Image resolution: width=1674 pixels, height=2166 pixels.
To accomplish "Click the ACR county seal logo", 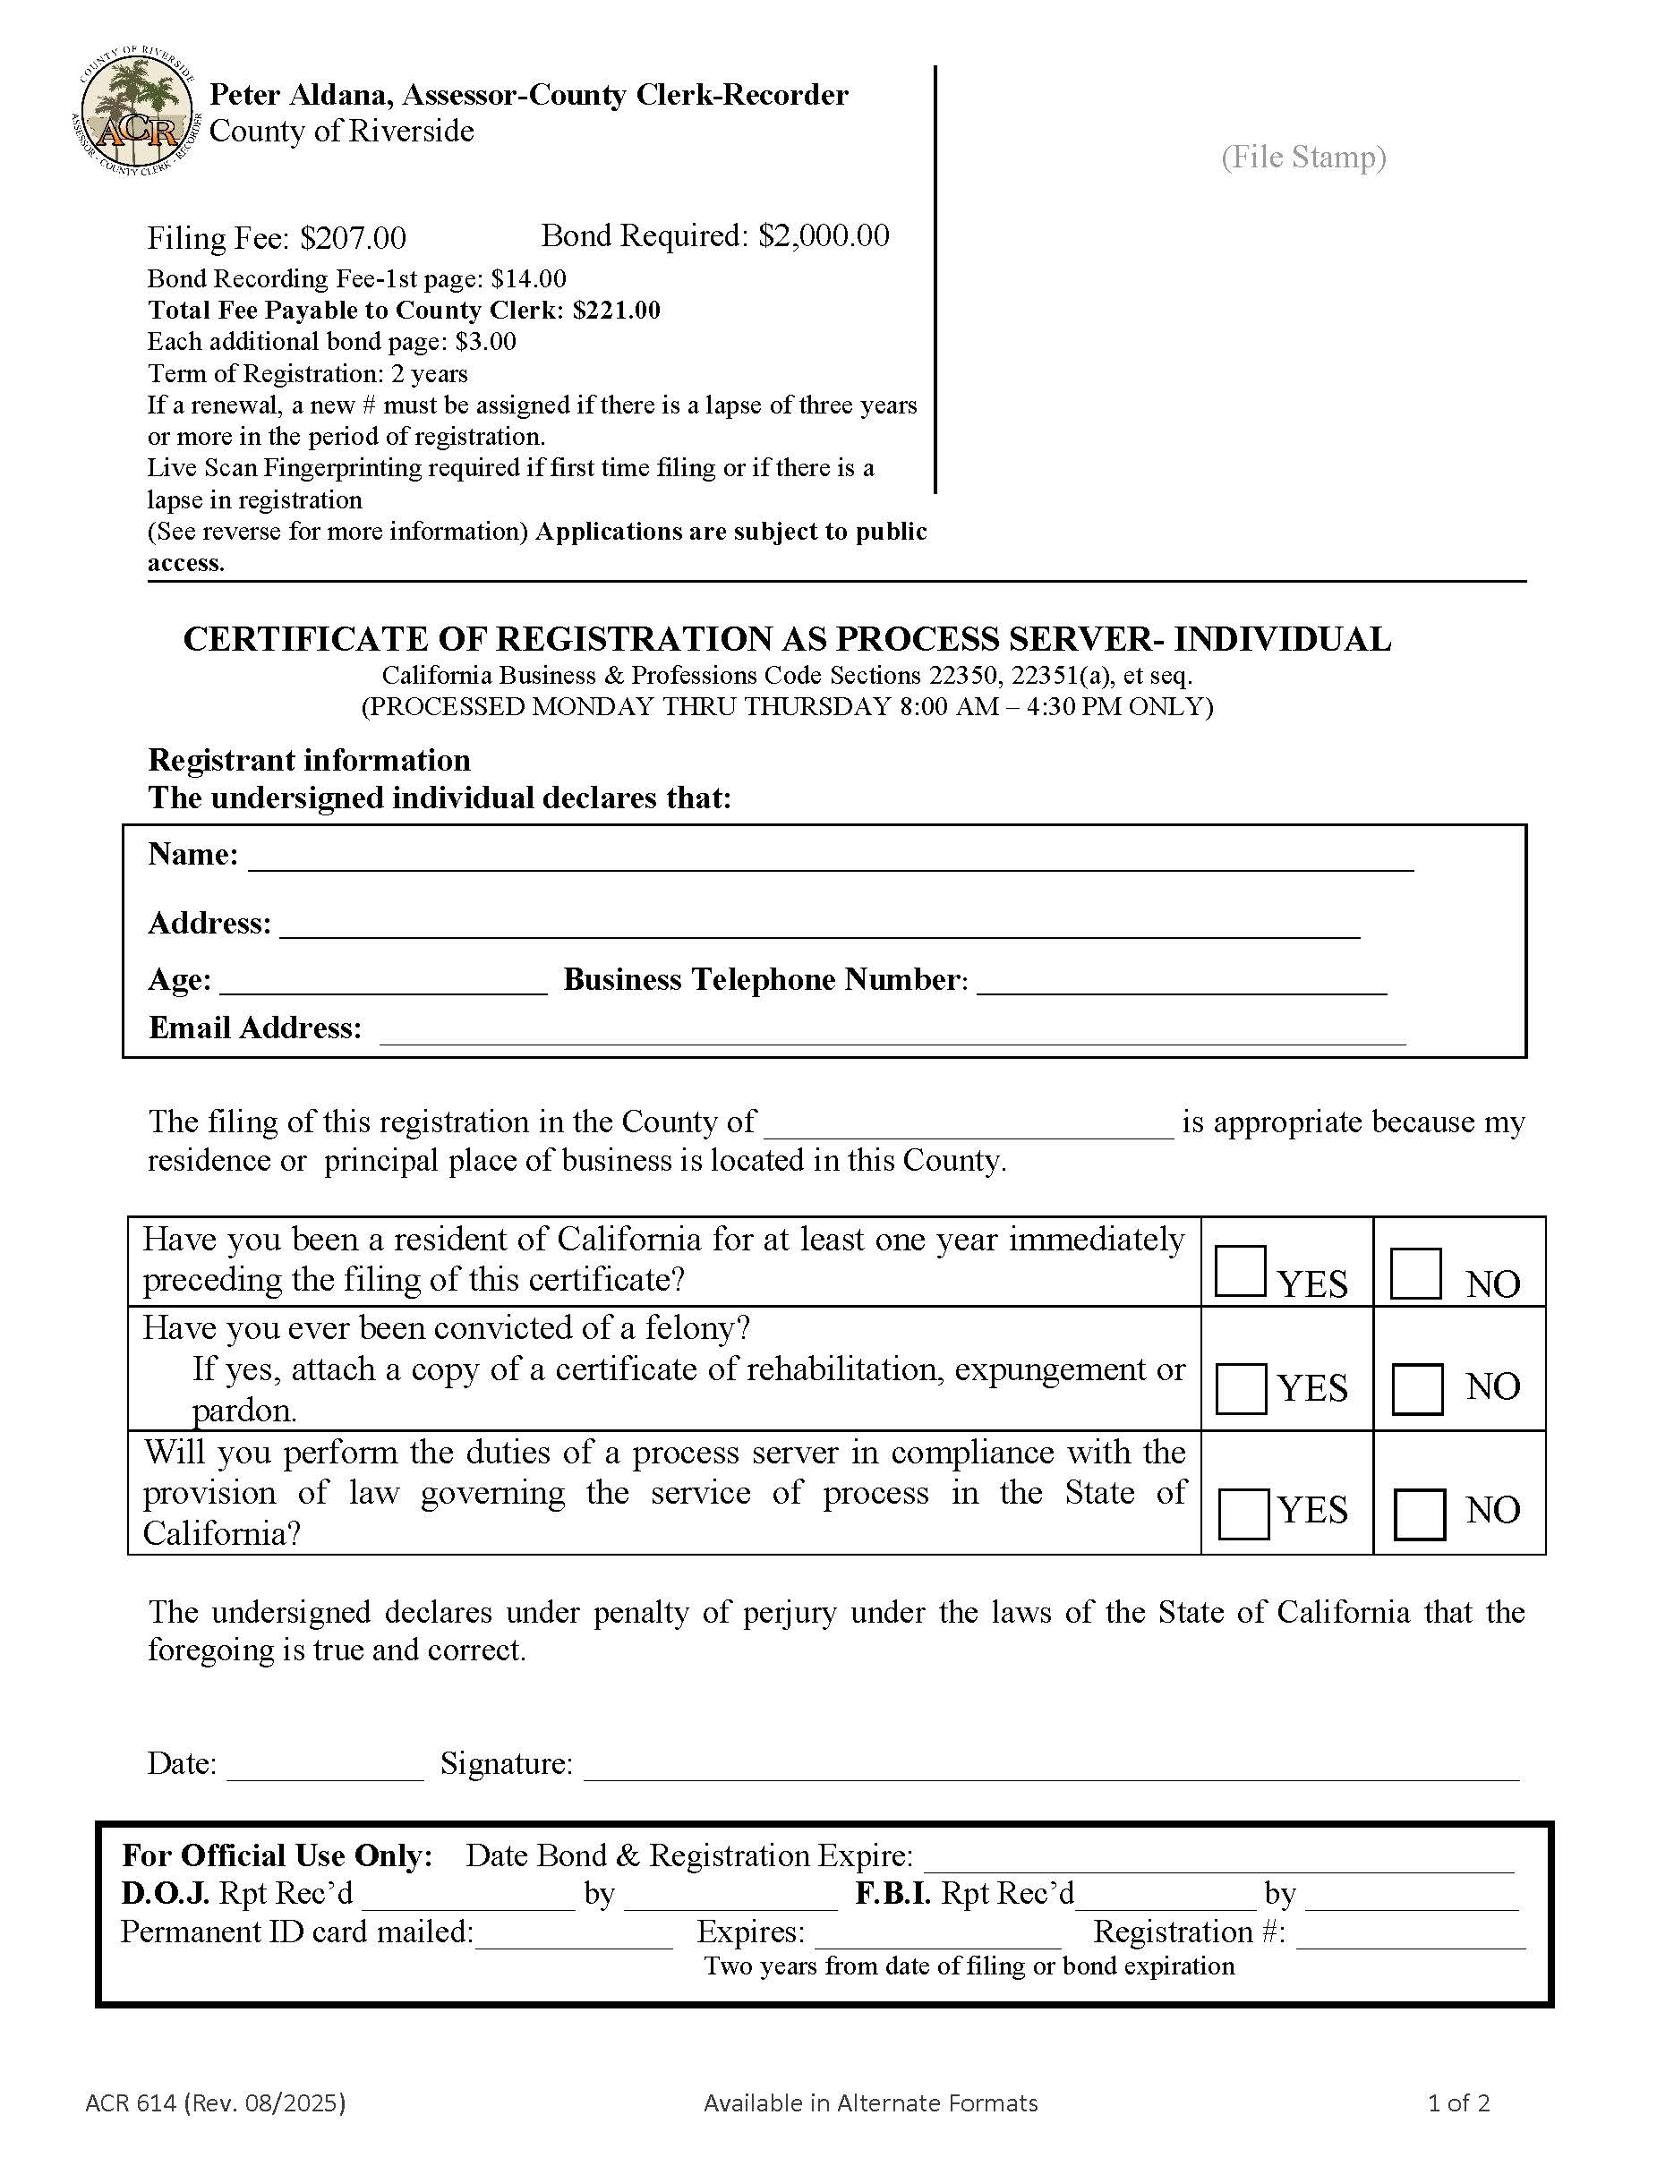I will click(x=137, y=112).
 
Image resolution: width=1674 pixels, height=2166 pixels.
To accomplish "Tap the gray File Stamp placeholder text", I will click(x=1303, y=157).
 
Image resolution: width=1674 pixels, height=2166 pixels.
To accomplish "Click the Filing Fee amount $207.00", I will click(x=353, y=238).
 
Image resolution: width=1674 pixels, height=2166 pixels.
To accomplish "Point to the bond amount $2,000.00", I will click(x=824, y=235).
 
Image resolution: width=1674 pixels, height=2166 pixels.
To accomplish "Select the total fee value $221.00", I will click(x=616, y=311).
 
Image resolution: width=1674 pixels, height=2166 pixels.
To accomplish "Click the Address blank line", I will click(x=819, y=927).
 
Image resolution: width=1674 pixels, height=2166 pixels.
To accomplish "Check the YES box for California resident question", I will click(x=1240, y=1272).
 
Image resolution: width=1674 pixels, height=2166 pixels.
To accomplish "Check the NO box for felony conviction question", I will click(x=1417, y=1388).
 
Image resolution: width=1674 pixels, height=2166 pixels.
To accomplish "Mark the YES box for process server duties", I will click(x=1243, y=1514).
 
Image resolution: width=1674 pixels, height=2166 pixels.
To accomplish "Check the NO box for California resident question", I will click(x=1415, y=1274).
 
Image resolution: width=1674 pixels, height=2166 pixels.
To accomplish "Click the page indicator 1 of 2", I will click(x=1457, y=2102).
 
